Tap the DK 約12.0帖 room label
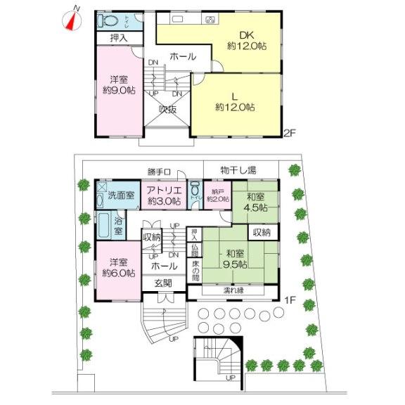[x=240, y=39]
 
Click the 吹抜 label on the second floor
[x=167, y=108]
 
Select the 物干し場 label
[x=237, y=169]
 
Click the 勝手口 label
[x=160, y=172]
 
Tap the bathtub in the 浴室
[x=103, y=226]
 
